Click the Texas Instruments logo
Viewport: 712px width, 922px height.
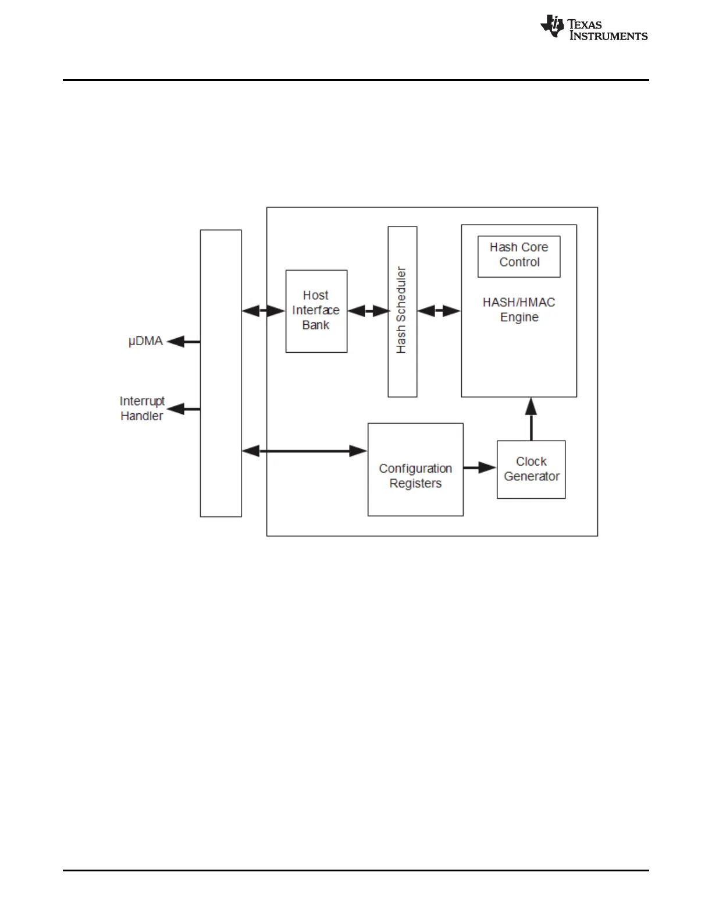(x=593, y=28)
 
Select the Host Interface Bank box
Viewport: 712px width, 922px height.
(x=316, y=311)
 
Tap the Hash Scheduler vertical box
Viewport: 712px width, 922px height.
(x=402, y=311)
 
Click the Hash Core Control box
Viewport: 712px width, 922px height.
(x=519, y=256)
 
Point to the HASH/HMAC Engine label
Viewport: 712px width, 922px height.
(x=519, y=310)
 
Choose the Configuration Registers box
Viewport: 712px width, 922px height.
(x=415, y=469)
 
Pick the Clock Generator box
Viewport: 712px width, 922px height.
(x=531, y=469)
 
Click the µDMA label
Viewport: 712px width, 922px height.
(x=145, y=341)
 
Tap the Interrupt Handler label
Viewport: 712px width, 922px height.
(x=142, y=409)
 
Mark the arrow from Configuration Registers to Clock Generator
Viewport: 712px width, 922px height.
(x=480, y=467)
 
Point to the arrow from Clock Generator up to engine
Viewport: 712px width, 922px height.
(x=531, y=419)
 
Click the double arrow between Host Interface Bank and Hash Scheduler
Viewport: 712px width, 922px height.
(x=368, y=311)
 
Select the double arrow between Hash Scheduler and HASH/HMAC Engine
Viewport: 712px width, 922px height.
(x=439, y=311)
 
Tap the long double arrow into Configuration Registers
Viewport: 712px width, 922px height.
(x=304, y=451)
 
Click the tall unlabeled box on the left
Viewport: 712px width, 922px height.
(x=220, y=373)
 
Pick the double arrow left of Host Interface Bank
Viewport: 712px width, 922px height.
(x=264, y=311)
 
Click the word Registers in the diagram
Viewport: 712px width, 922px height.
(x=415, y=484)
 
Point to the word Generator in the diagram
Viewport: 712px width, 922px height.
(x=532, y=477)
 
